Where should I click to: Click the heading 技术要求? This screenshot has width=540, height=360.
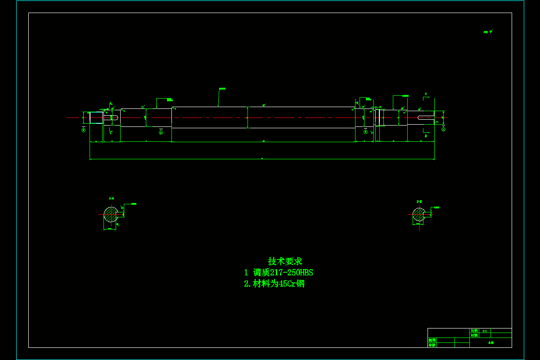coord(285,261)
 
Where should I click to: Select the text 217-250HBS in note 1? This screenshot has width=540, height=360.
coord(295,272)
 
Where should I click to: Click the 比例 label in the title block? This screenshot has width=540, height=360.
coord(474,331)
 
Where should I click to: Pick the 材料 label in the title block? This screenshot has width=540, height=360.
coord(474,335)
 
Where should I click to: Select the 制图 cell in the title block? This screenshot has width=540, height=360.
coord(432,340)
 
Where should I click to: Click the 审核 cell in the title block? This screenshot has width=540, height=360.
coord(432,345)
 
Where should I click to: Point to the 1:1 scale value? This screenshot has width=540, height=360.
coord(485,331)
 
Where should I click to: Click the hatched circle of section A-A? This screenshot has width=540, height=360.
coord(110,214)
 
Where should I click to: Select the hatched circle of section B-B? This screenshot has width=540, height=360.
coord(418,215)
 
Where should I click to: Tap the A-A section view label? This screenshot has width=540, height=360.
coord(111,198)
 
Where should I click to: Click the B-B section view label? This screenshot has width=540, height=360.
coord(419,202)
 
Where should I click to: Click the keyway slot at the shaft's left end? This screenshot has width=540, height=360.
coord(111,118)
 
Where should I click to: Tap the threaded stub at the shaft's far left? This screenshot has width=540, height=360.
coord(96,118)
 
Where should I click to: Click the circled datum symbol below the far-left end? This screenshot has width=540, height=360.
coord(83,130)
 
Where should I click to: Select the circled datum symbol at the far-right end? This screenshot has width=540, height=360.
coord(443,130)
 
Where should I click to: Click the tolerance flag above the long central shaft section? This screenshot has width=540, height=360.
coord(222,89)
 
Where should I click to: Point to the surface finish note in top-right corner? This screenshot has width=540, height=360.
coord(488,32)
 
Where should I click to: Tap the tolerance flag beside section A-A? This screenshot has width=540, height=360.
coord(133,204)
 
